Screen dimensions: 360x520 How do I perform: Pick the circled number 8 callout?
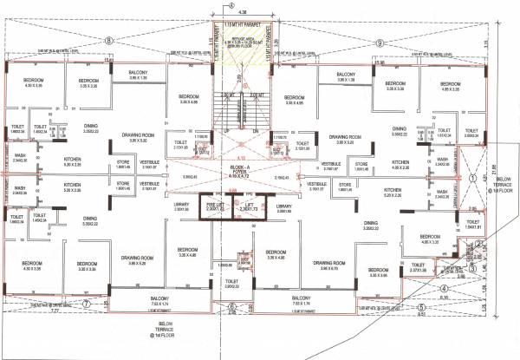[109, 41]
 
